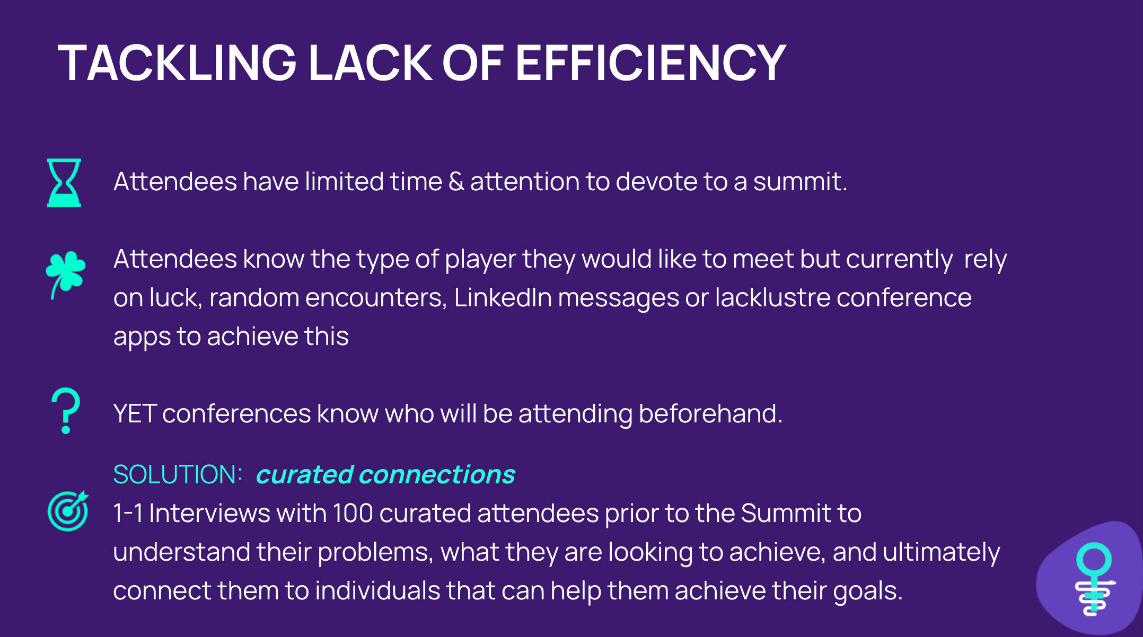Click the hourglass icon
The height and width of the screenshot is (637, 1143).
click(64, 182)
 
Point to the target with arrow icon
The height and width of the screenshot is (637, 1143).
click(68, 511)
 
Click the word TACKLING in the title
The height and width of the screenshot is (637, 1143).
click(177, 63)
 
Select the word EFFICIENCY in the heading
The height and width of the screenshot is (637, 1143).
click(650, 63)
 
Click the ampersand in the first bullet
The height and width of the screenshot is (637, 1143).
click(456, 181)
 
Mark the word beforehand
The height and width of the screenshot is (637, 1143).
click(710, 413)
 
